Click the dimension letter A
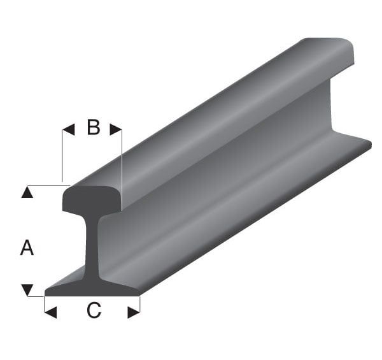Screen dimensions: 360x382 (x=27, y=247)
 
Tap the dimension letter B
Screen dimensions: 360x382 (x=93, y=128)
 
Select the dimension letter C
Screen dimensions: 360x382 (x=93, y=311)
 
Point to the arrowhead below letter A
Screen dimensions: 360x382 (x=27, y=290)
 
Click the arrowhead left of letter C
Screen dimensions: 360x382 (x=51, y=312)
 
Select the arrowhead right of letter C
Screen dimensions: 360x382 (x=133, y=312)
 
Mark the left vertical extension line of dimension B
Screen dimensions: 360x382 (x=62, y=156)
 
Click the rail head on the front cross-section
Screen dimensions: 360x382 (x=92, y=199)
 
